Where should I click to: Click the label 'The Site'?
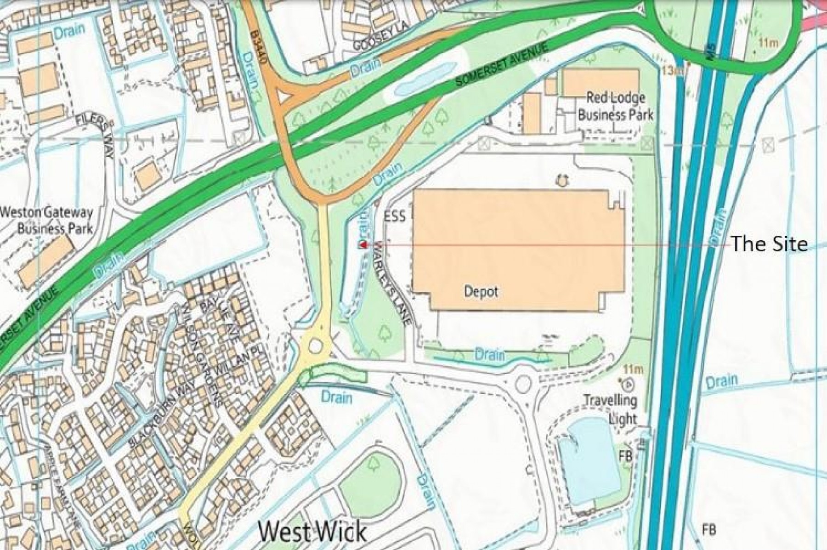point(769,244)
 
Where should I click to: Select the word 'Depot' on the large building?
point(481,291)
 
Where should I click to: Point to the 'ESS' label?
point(396,215)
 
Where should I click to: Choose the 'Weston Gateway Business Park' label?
point(47,220)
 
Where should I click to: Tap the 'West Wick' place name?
point(312,532)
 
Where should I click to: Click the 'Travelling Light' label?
point(611,408)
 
